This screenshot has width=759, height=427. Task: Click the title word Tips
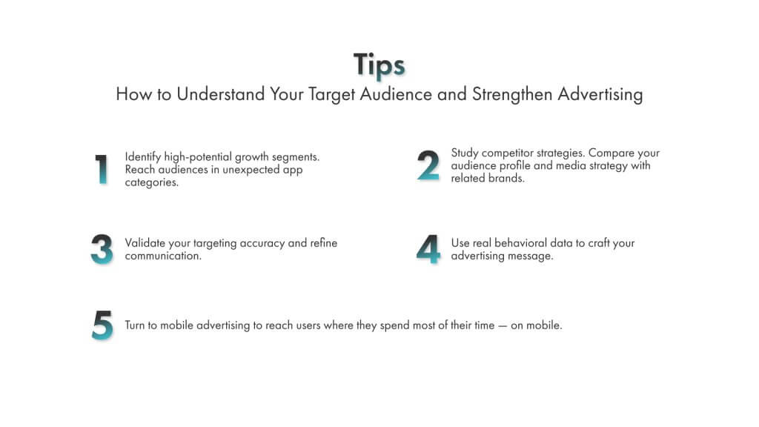[x=379, y=65]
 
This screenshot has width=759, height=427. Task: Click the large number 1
[x=102, y=169]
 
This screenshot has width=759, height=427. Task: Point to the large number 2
[x=428, y=166]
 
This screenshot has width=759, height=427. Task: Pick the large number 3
[x=102, y=250]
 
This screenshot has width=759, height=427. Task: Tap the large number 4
[x=428, y=250]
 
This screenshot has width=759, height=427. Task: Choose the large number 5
[x=102, y=325]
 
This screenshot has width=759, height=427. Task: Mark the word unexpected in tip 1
[x=253, y=170]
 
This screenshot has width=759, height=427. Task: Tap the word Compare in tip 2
[x=614, y=153]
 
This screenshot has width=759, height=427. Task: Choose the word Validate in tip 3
[x=146, y=243]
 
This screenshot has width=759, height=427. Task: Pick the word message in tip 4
[x=534, y=256]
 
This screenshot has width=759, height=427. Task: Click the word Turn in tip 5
[x=136, y=325]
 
